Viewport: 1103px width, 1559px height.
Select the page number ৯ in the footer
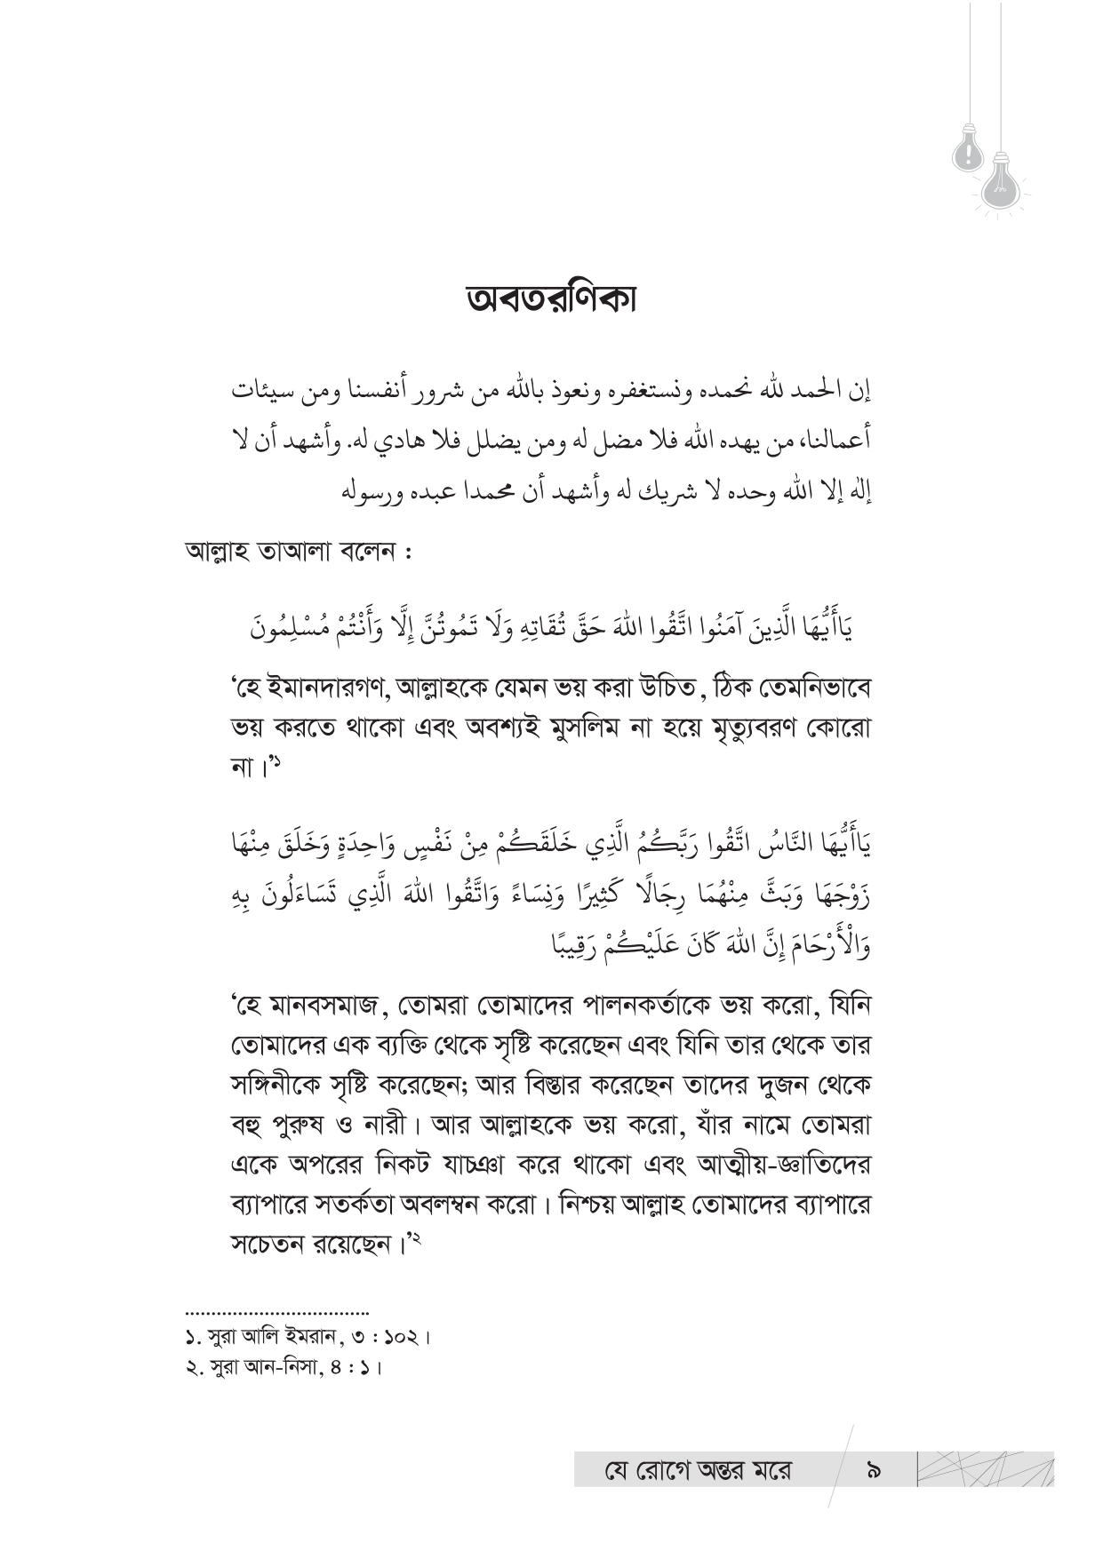pyautogui.click(x=873, y=1470)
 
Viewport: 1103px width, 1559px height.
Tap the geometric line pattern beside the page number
pyautogui.click(x=983, y=1469)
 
